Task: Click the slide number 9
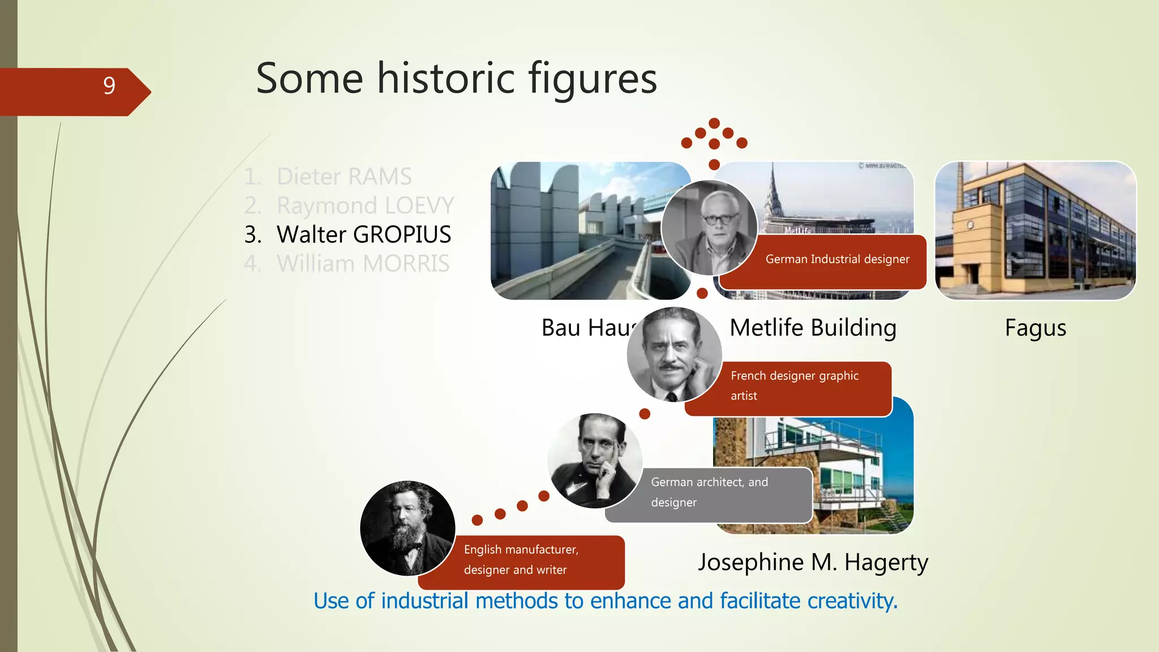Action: click(x=109, y=86)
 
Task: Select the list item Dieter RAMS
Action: click(x=344, y=177)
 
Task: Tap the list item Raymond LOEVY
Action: click(x=365, y=205)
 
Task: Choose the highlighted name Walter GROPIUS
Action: click(x=363, y=234)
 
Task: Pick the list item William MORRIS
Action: click(x=363, y=264)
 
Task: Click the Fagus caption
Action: click(x=1035, y=328)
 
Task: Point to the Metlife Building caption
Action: click(x=813, y=328)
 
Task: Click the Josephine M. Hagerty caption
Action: click(x=813, y=563)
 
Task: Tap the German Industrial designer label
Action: click(x=837, y=259)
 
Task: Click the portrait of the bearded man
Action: click(x=407, y=528)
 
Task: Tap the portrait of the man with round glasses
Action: click(x=709, y=228)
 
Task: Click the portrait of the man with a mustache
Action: click(x=673, y=354)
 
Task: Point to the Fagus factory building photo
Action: click(x=1035, y=230)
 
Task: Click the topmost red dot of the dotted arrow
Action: click(x=714, y=123)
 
